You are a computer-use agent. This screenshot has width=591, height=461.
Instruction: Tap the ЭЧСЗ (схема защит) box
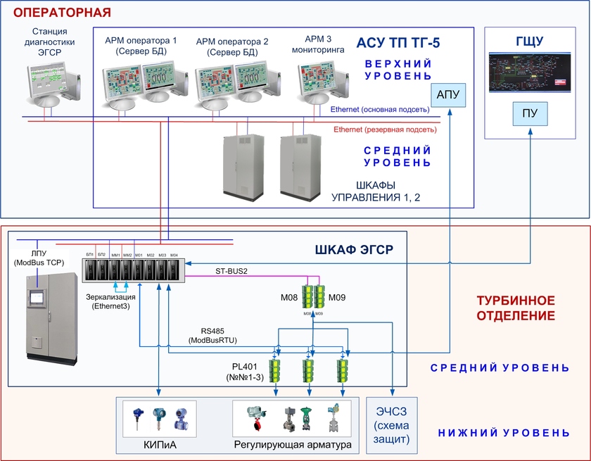tap(392, 424)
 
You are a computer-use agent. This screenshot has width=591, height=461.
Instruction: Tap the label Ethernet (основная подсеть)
tap(379, 110)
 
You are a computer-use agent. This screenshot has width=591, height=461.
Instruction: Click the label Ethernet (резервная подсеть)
tap(385, 130)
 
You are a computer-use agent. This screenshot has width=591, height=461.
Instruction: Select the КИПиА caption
tap(157, 446)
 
